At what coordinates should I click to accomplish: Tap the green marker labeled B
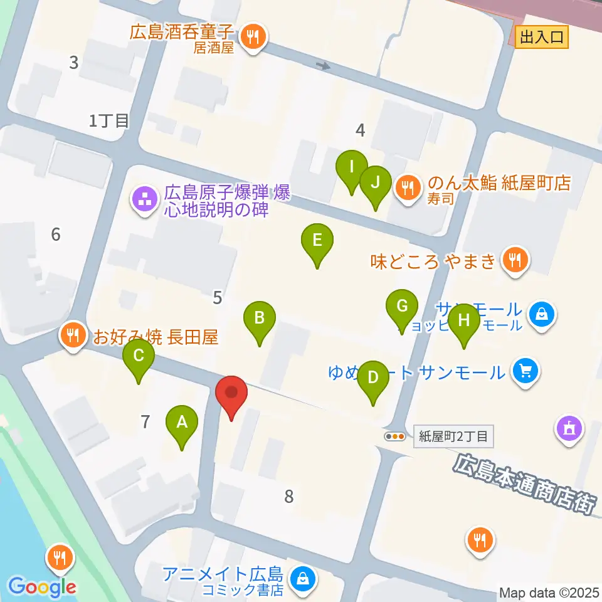pyautogui.click(x=259, y=318)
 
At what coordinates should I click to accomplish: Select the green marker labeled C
pyautogui.click(x=139, y=356)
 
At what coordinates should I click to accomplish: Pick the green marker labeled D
pyautogui.click(x=373, y=377)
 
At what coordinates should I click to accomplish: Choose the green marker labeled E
pyautogui.click(x=317, y=240)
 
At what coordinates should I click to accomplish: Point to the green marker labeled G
pyautogui.click(x=403, y=306)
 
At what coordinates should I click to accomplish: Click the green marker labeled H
pyautogui.click(x=464, y=320)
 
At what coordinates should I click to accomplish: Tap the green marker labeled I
pyautogui.click(x=352, y=167)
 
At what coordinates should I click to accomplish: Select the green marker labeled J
pyautogui.click(x=375, y=182)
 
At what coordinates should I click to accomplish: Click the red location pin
pyautogui.click(x=231, y=393)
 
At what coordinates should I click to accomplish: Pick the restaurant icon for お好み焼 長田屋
pyautogui.click(x=73, y=335)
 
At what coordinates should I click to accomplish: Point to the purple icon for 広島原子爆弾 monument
pyautogui.click(x=144, y=200)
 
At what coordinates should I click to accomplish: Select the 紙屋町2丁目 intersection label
pyautogui.click(x=454, y=436)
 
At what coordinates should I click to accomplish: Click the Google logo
pyautogui.click(x=42, y=587)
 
